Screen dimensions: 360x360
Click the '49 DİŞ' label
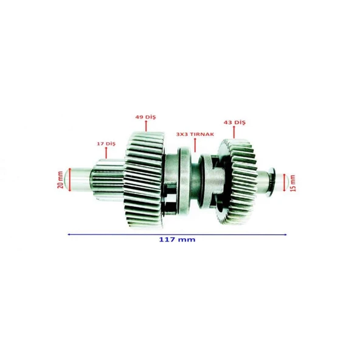pyautogui.click(x=145, y=117)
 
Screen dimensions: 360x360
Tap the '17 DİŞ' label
pyautogui.click(x=106, y=144)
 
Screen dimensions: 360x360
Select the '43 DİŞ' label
pyautogui.click(x=234, y=122)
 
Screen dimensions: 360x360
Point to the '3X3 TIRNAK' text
pyautogui.click(x=195, y=134)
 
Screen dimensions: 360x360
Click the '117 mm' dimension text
pyautogui.click(x=177, y=240)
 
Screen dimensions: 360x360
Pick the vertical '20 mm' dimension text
pyautogui.click(x=60, y=180)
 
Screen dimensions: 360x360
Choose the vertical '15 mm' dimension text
pyautogui.click(x=292, y=183)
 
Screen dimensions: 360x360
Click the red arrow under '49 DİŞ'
pyautogui.click(x=146, y=126)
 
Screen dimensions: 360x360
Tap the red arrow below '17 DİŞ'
pyautogui.click(x=106, y=153)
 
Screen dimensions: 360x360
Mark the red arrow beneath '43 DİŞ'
pyautogui.click(x=234, y=132)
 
